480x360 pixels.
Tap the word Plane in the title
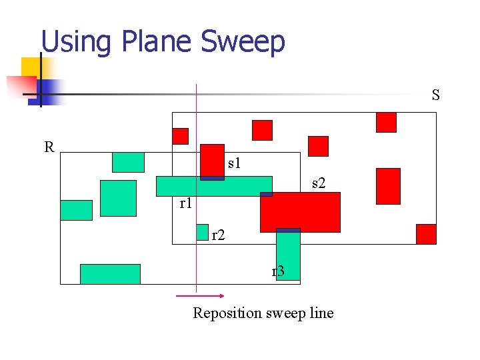tap(157, 42)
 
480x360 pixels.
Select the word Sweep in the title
tap(243, 42)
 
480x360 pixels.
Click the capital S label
tap(435, 95)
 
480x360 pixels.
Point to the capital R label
tap(49, 147)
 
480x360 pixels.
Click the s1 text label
tap(234, 162)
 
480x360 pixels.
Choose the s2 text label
tap(319, 183)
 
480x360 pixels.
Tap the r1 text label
tap(186, 203)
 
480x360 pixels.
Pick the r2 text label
tap(218, 235)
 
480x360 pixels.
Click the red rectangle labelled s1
tap(213, 161)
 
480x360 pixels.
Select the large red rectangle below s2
tap(300, 212)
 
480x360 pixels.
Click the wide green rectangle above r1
tap(214, 186)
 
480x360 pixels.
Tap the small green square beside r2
tap(202, 231)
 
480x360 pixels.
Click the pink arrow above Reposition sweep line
tap(200, 295)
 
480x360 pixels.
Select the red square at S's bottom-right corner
tap(426, 234)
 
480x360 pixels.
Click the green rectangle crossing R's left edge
tap(76, 210)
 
